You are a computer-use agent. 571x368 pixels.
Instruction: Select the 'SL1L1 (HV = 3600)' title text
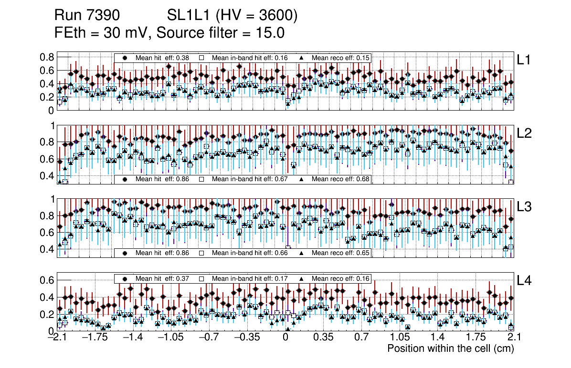point(232,16)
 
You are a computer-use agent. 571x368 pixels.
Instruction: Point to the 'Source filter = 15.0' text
point(221,33)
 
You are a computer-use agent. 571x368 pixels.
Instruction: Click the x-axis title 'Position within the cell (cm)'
point(450,348)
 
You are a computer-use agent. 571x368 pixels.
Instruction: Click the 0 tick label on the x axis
point(285,338)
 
